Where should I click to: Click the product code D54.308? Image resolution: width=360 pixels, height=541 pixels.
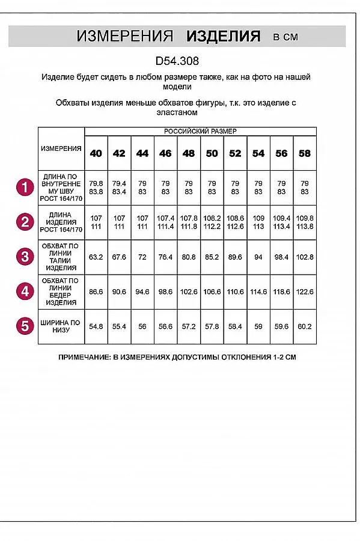177,61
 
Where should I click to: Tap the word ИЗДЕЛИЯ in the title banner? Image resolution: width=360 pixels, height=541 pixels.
224,37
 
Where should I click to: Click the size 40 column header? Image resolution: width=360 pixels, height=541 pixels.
96,153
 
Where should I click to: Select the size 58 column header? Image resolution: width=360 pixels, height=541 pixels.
305,153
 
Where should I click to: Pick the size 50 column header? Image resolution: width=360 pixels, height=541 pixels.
212,153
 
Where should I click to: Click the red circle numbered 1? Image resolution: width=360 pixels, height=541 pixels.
24,188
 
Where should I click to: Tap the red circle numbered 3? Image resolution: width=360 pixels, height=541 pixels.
24,257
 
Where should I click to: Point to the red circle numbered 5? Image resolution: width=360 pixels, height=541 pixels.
24,326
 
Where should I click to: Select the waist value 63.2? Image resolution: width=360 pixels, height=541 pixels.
96,257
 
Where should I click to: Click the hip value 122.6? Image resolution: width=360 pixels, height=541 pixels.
305,292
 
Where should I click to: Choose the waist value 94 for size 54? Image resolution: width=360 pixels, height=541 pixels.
258,257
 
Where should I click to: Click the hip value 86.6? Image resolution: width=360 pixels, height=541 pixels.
96,292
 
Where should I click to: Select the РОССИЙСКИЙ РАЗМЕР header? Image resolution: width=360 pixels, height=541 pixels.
200,131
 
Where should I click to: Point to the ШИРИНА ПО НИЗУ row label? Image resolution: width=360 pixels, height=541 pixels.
61,326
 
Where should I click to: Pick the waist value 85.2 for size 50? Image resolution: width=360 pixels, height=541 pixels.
212,257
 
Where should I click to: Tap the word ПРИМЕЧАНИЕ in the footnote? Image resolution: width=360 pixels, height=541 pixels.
84,357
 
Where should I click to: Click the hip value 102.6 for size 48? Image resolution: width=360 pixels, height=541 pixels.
189,292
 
